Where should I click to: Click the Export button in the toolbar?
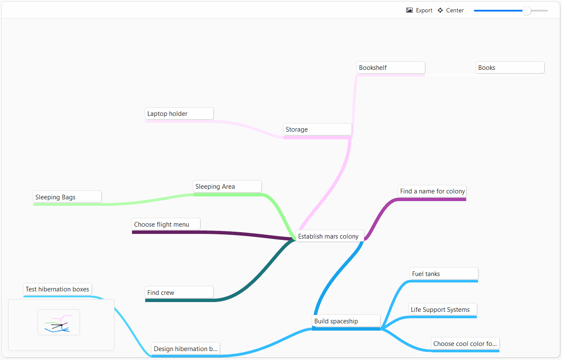click(419, 11)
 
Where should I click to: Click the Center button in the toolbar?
click(450, 11)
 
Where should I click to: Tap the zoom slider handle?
click(527, 11)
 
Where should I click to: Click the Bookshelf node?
click(390, 68)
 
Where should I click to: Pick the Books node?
click(510, 68)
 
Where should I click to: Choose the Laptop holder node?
click(179, 114)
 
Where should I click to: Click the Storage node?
click(317, 130)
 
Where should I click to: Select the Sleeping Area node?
click(227, 187)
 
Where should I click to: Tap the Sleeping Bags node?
click(67, 197)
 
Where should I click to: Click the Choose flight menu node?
click(166, 225)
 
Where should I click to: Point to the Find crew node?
click(179, 293)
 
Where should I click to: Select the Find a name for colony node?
click(432, 191)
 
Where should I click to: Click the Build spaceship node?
click(346, 321)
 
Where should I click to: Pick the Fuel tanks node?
click(444, 274)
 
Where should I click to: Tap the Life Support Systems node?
click(442, 310)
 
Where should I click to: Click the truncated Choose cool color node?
click(465, 344)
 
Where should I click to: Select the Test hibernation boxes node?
click(57, 289)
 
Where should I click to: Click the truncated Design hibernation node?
click(186, 349)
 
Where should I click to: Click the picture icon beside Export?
click(409, 11)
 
